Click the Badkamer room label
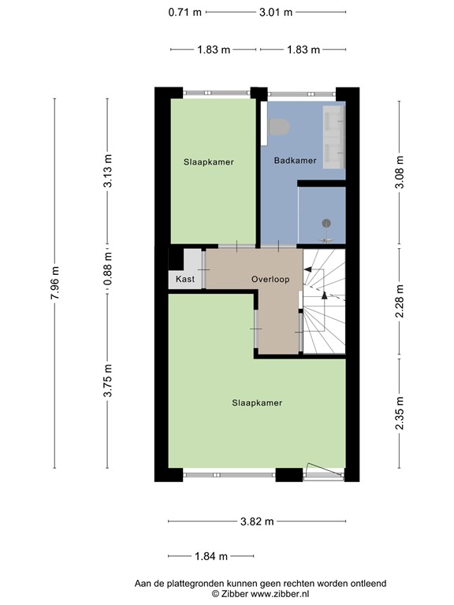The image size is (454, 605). point(295,161)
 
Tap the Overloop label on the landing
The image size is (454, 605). point(270,279)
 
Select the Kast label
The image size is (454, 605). point(185,280)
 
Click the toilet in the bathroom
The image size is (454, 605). point(280,127)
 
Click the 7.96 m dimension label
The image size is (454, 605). point(54,281)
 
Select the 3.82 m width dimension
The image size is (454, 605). point(257,521)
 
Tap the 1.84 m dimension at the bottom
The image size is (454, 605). point(210,556)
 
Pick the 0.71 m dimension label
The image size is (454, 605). point(184,12)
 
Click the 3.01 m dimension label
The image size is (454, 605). point(276,12)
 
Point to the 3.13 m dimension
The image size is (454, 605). point(108,170)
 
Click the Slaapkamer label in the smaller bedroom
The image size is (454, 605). point(209,161)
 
